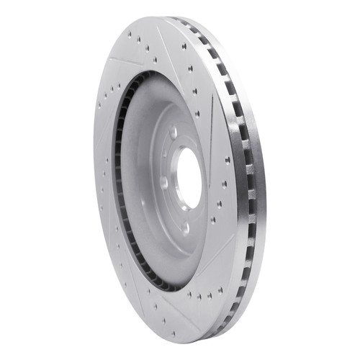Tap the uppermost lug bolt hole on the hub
click(x=174, y=132)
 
